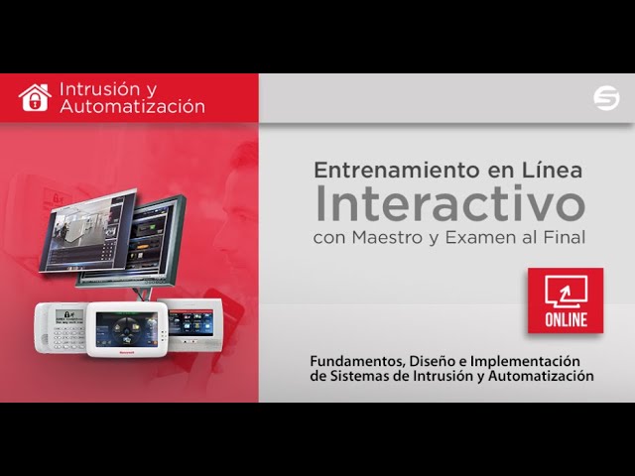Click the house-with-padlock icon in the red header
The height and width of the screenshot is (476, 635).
(34, 97)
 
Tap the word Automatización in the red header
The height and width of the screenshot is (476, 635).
(132, 106)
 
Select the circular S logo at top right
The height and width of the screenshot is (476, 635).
(605, 98)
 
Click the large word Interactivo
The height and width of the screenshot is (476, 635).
(449, 203)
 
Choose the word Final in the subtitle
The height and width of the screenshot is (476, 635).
(565, 237)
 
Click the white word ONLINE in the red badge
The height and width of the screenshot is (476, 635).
(566, 319)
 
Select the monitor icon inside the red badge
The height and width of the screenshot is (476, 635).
(566, 291)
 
